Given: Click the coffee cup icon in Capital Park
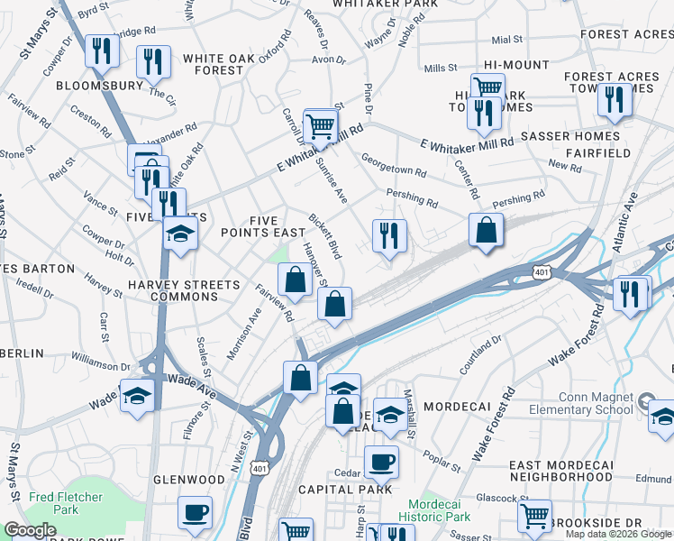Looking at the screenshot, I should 380,463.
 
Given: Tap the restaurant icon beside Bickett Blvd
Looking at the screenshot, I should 389,236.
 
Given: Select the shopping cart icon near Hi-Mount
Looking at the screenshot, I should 487,88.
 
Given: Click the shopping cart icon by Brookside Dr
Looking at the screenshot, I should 534,517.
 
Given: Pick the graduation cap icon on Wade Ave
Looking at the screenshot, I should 136,397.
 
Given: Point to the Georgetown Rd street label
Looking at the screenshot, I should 394,170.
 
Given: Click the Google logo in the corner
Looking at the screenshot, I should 30,531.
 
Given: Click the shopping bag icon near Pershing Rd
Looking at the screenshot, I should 486,230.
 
